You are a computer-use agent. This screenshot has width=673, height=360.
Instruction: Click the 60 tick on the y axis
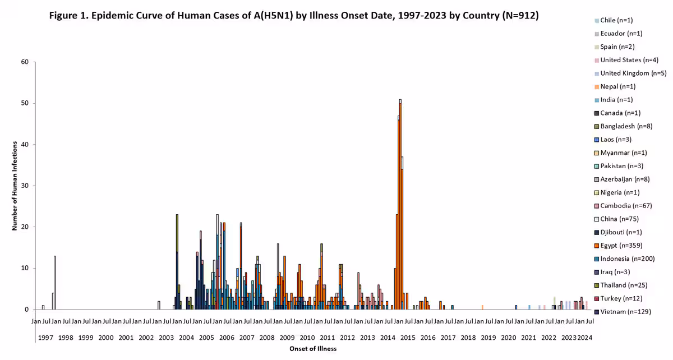(x=25, y=62)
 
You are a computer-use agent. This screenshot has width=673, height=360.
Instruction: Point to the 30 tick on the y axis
(x=25, y=186)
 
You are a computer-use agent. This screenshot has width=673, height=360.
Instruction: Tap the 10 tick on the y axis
(x=25, y=268)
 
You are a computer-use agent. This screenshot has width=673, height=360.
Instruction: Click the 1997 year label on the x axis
(x=45, y=338)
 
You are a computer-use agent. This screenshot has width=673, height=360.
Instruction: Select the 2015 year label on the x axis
(x=408, y=338)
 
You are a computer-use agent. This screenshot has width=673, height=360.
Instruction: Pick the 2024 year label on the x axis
(x=584, y=338)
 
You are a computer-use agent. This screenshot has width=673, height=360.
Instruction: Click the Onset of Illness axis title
(x=313, y=349)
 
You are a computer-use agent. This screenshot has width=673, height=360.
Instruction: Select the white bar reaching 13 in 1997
(x=55, y=283)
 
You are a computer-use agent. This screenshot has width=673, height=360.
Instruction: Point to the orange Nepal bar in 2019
(x=482, y=307)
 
